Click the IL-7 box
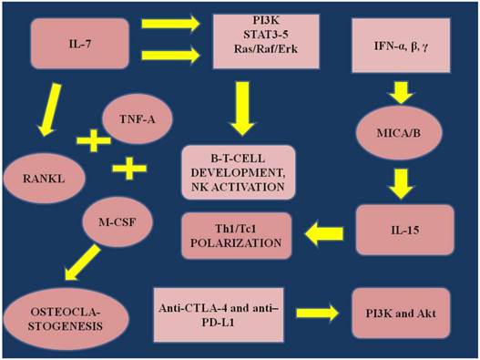80,42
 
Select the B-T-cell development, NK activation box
239,171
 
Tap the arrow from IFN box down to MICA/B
401,91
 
